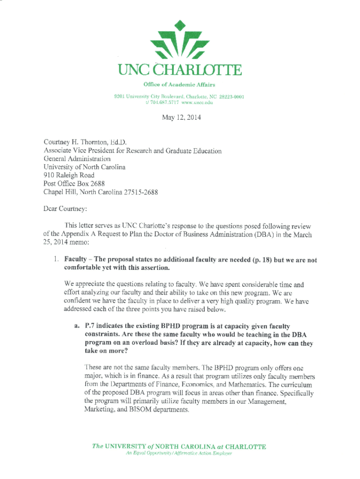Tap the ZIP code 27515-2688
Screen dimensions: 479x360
pos(139,192)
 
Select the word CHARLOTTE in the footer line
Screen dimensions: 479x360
pos(241,446)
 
